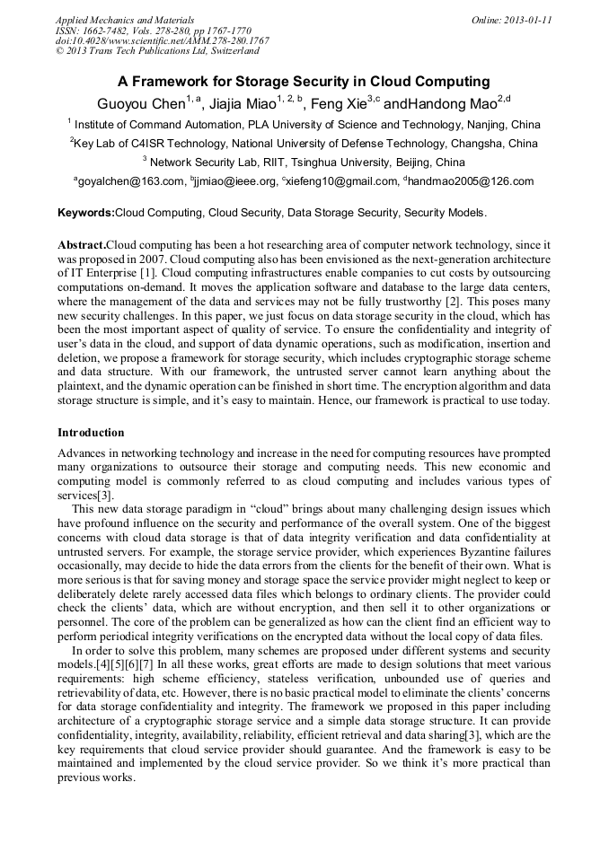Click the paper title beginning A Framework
304,82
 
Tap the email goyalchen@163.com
130,181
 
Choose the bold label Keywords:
85,214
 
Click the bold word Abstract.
81,245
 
